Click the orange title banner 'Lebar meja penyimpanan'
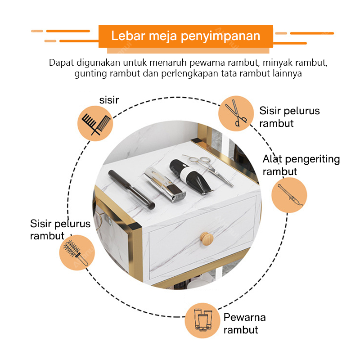coord(186,36)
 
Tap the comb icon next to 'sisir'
coord(95,123)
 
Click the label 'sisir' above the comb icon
coord(109,100)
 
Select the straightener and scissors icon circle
coord(236,113)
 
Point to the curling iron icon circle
coord(289,195)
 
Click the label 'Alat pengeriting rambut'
coord(301,165)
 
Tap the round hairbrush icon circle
coord(77,252)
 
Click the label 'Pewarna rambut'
coord(245,324)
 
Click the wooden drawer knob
coord(206,239)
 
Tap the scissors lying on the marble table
coord(208,170)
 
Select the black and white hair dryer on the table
coord(190,177)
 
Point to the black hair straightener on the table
coord(131,189)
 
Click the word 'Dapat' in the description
coord(61,63)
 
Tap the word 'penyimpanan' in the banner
coord(220,36)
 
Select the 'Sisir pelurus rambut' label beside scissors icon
coord(289,117)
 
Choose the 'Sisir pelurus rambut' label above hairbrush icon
coord(60,229)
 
